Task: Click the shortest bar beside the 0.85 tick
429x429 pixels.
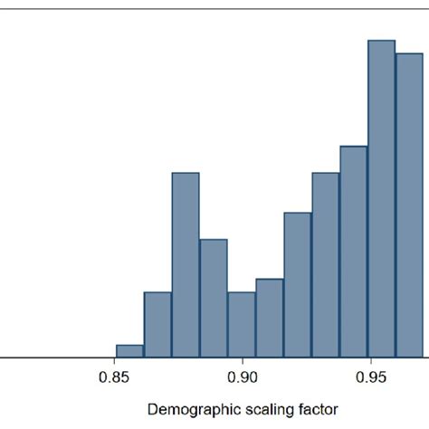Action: pyautogui.click(x=130, y=351)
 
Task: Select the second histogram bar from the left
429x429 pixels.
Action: pyautogui.click(x=157, y=325)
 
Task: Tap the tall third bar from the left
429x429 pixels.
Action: pyautogui.click(x=186, y=265)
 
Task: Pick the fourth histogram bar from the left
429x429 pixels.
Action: pyautogui.click(x=214, y=299)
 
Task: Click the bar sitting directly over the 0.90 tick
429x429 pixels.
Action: pyautogui.click(x=242, y=325)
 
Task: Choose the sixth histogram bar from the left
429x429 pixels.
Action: pyautogui.click(x=270, y=318)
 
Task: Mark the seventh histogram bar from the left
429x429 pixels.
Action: pyautogui.click(x=298, y=285)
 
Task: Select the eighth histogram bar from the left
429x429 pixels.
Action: pyautogui.click(x=326, y=265)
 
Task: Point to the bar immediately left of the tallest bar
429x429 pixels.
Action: pyautogui.click(x=354, y=252)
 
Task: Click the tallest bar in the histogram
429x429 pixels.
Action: pyautogui.click(x=382, y=199)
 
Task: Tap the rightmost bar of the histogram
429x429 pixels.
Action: pyautogui.click(x=409, y=205)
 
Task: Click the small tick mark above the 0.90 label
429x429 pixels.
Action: pyautogui.click(x=243, y=361)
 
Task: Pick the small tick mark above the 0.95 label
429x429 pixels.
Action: pyautogui.click(x=372, y=361)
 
